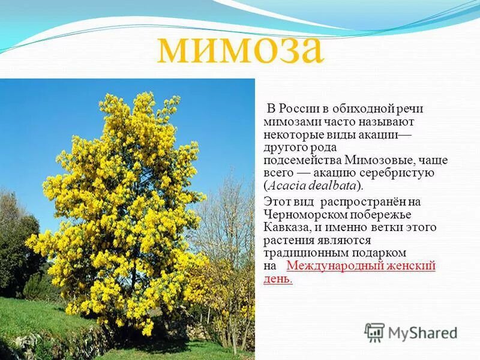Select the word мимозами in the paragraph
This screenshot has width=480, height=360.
coord(287,121)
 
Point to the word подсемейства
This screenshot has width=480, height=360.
coord(303,160)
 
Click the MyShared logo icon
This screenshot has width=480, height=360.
coord(374,332)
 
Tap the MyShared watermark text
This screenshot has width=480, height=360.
coord(422,332)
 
